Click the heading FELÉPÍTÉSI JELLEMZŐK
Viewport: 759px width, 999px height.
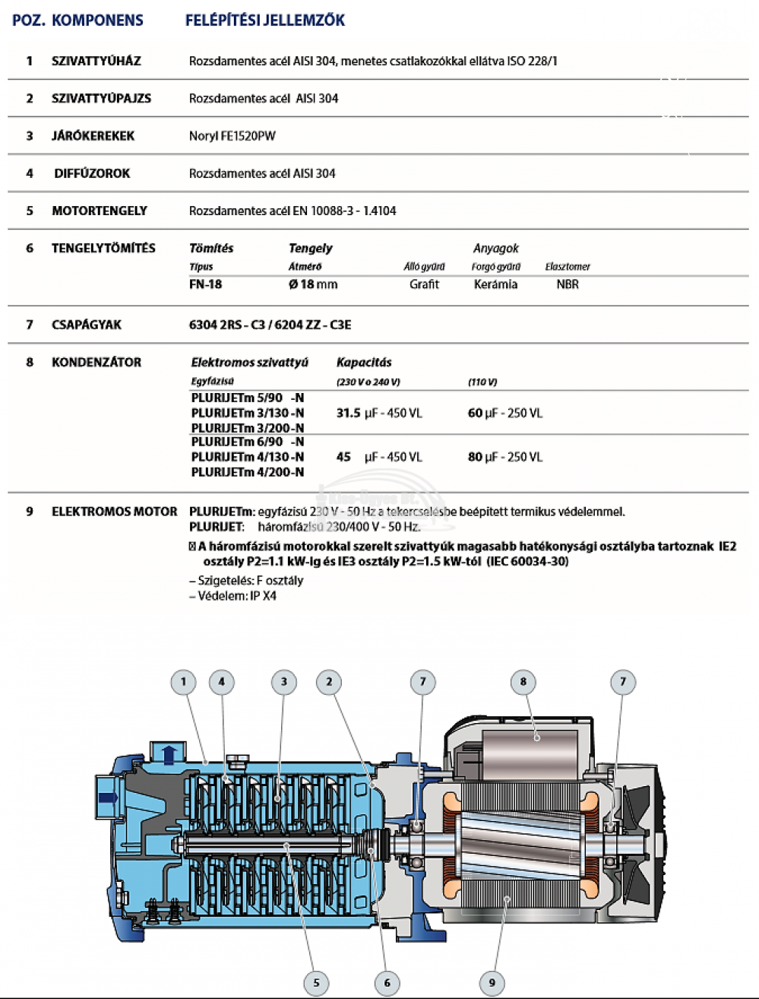pos(264,21)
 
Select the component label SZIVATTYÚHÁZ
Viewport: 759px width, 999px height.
pos(96,61)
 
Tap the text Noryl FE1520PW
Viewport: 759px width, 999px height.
pos(232,136)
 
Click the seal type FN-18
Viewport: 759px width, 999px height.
pos(205,284)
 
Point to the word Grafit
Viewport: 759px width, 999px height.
pos(424,284)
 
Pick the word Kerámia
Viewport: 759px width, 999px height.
pos(495,284)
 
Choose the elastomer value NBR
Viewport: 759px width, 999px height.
pos(567,284)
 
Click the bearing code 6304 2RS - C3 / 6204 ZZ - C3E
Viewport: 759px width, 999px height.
pos(270,325)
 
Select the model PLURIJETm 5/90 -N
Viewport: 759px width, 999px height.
pos(248,398)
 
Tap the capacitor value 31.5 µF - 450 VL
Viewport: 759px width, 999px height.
pos(378,413)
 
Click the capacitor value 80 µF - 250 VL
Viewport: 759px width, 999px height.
pos(504,457)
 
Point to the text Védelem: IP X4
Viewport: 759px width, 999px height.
pos(232,596)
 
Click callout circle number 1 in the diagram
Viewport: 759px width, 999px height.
pos(183,682)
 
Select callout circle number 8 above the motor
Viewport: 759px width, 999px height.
pos(523,682)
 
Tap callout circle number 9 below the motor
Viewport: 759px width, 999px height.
pos(492,982)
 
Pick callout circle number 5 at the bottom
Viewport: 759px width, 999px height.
pos(316,982)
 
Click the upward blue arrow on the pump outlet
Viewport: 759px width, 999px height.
pos(169,754)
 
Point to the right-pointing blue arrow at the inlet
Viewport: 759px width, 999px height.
pos(109,798)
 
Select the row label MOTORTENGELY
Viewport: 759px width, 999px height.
pos(99,211)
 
